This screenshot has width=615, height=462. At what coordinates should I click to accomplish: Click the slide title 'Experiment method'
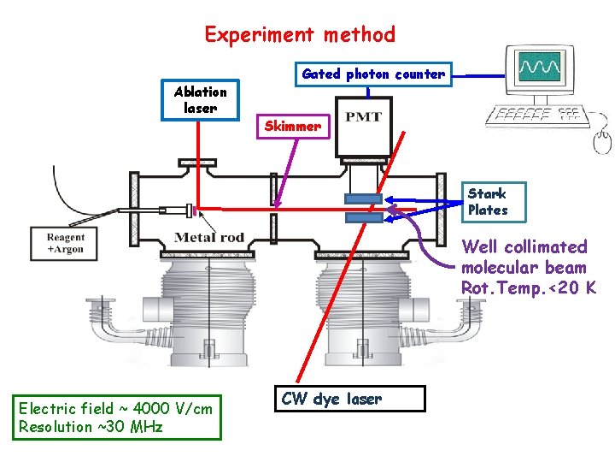300,35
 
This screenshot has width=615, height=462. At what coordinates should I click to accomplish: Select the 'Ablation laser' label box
201,100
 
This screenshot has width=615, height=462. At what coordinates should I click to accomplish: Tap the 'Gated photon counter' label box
373,74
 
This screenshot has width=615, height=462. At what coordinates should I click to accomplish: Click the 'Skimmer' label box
293,127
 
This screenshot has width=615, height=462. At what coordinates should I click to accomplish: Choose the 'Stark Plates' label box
488,203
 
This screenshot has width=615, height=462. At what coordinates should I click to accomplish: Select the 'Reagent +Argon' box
66,243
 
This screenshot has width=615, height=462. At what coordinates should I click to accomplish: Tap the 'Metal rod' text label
209,237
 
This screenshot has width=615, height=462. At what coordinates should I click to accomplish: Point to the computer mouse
602,136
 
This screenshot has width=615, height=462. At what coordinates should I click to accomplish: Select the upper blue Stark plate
362,199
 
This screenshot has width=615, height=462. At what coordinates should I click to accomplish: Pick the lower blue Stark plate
363,218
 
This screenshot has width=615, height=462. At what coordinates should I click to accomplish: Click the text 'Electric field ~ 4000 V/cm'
115,408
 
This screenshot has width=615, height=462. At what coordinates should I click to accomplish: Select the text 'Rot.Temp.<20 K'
529,287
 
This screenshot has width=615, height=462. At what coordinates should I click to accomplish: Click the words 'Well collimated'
524,247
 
